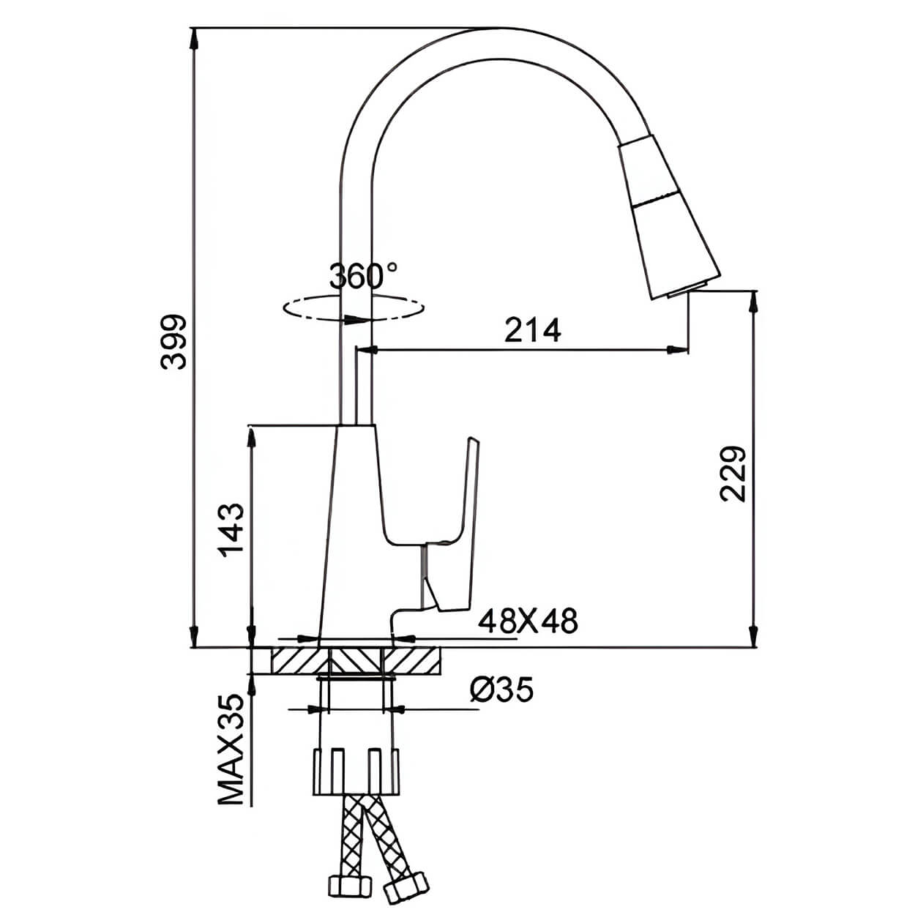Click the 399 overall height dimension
point(173,341)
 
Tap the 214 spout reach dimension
point(532,330)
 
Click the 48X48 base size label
point(528,621)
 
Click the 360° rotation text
point(363,275)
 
